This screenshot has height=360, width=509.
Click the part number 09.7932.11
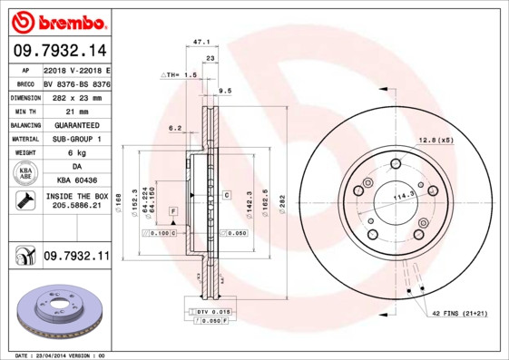click(x=75, y=257)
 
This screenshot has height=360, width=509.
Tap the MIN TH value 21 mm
click(x=75, y=111)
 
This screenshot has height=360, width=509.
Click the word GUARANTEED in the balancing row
click(x=75, y=124)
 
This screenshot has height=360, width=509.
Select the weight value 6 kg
click(x=75, y=153)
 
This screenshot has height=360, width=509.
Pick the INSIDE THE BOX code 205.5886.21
click(x=75, y=207)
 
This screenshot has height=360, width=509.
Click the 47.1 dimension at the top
click(x=202, y=42)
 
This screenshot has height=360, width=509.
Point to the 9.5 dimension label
click(x=225, y=91)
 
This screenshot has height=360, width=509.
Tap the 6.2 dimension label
click(x=175, y=128)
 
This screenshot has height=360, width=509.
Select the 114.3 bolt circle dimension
click(x=396, y=194)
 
